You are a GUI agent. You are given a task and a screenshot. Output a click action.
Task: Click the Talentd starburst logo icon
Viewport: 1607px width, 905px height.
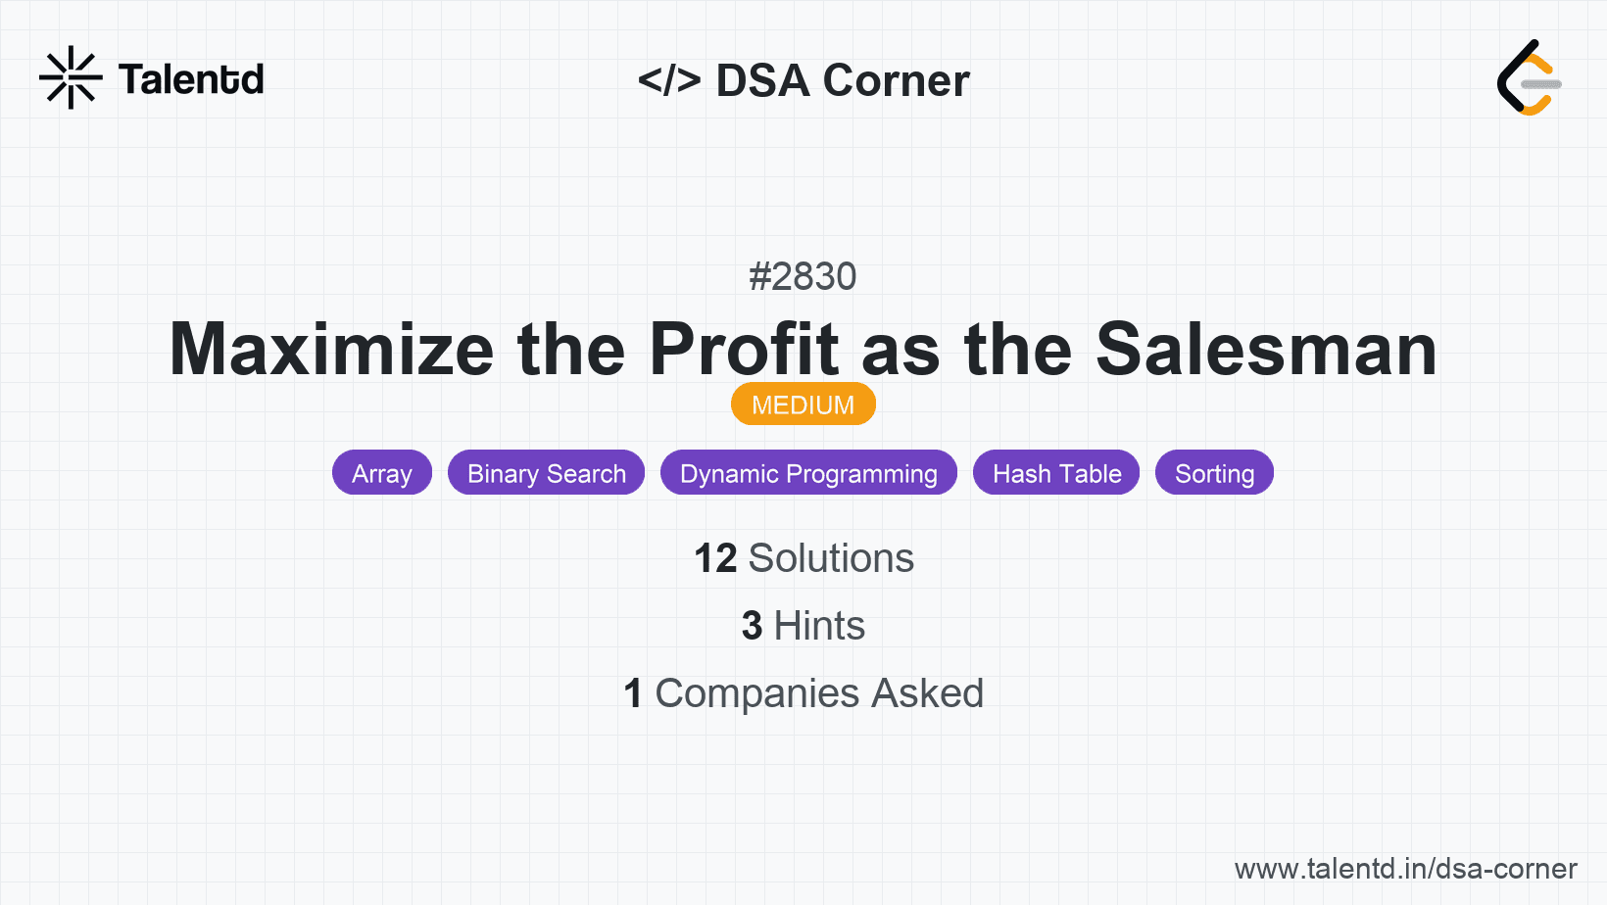coord(71,77)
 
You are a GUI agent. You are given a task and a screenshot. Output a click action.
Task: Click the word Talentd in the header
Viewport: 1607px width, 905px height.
coord(191,79)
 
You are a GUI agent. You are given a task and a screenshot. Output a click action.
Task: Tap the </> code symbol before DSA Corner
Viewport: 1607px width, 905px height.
coord(669,80)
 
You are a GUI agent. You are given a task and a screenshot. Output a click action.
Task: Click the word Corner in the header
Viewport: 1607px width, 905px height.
coord(896,80)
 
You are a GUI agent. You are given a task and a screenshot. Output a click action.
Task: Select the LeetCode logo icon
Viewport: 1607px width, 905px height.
coord(1528,77)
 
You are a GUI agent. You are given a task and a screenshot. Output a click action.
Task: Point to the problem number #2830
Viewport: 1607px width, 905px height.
coord(803,276)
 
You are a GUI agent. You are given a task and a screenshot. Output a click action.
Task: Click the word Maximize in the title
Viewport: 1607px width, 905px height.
coord(331,349)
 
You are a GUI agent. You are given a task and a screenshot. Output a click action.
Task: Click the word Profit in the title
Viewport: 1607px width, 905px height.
coord(744,349)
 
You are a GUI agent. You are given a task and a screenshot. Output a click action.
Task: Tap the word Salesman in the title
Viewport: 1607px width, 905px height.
coord(1266,349)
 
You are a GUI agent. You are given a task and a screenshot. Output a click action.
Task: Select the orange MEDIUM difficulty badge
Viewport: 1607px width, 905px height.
coord(803,405)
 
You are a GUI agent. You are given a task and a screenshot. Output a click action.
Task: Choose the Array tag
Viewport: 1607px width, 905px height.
coord(382,473)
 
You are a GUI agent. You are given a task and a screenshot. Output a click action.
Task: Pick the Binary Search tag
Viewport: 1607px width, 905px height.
coord(546,473)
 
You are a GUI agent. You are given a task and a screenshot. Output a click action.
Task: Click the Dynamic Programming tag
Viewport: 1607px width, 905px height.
coord(808,473)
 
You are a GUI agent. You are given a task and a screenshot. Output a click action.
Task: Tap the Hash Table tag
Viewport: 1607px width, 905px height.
coord(1056,473)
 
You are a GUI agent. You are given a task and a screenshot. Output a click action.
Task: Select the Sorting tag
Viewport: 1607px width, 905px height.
coord(1214,473)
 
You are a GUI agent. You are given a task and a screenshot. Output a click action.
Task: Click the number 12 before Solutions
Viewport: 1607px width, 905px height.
coord(715,558)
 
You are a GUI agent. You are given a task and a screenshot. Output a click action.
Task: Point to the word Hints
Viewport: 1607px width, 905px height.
coord(819,626)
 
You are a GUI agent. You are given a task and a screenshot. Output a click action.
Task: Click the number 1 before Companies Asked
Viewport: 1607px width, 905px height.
coord(633,693)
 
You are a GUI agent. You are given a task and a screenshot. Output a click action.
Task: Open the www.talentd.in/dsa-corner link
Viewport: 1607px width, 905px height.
coord(1405,869)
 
